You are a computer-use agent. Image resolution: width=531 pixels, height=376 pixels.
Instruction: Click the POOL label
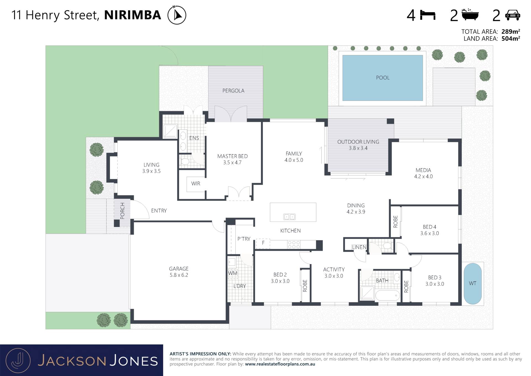click(382, 78)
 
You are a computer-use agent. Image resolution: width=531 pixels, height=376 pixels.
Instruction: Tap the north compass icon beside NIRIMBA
click(177, 15)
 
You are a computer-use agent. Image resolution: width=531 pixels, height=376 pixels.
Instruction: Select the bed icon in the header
click(428, 15)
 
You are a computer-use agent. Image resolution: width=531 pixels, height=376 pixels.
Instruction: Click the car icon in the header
click(512, 15)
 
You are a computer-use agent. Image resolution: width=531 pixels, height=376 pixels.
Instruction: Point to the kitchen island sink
click(289, 217)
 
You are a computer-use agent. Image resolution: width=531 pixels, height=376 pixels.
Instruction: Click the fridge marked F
click(263, 243)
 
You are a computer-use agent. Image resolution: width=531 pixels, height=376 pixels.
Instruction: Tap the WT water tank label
click(472, 283)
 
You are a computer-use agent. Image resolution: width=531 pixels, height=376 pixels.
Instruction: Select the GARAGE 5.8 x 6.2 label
click(179, 272)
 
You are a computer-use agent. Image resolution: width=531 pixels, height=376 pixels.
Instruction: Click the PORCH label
click(122, 211)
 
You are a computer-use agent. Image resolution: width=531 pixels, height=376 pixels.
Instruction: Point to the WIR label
click(196, 183)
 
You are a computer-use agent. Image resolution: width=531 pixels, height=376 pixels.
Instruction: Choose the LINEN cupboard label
click(359, 247)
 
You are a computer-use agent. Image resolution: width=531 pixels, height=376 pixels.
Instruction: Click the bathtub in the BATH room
click(387, 295)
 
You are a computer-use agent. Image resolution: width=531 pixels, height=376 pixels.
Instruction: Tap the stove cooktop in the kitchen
click(294, 244)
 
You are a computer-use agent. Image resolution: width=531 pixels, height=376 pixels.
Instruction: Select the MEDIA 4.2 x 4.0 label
click(423, 173)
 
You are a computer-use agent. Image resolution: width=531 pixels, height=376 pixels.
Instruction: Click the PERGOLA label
click(233, 91)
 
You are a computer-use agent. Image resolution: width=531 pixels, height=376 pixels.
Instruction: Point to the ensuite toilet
click(184, 161)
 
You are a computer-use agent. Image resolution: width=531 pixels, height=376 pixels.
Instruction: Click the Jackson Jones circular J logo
click(18, 360)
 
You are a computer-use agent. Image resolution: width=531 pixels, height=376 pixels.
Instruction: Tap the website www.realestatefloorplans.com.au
click(280, 364)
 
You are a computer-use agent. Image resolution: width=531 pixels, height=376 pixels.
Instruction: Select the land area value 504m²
click(511, 39)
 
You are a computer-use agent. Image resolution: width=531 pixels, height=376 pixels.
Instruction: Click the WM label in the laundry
click(233, 273)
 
